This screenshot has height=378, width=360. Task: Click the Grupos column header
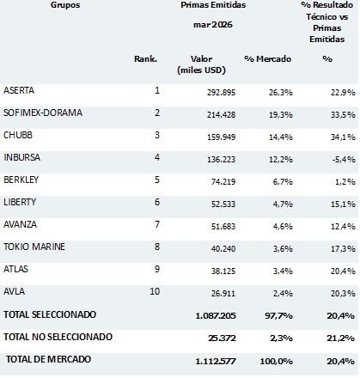point(65,5)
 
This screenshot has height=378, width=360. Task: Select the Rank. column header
point(146,59)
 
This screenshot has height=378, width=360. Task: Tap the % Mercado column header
point(268,59)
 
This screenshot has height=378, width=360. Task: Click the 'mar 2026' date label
point(213,25)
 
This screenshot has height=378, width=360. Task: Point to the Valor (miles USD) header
point(201,64)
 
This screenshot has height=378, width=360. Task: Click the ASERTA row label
point(19,90)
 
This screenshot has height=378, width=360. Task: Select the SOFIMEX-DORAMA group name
point(43,113)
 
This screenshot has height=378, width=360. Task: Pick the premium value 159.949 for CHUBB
point(222,137)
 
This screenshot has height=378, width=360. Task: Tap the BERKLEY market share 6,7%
point(283,181)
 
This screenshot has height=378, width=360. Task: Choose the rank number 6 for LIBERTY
point(157,202)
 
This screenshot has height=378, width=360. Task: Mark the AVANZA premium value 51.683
point(223,227)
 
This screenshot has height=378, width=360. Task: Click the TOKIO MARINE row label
point(34,247)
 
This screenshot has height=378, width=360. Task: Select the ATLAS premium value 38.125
point(223,271)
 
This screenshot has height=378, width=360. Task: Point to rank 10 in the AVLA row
point(155,291)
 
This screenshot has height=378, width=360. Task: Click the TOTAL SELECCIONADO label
point(50,314)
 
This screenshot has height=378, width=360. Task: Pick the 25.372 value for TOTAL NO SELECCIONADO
point(222,338)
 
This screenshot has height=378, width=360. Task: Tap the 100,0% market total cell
point(277,361)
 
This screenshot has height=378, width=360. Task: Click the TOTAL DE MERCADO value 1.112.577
point(216,361)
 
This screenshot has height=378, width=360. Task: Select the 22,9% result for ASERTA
point(343,93)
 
